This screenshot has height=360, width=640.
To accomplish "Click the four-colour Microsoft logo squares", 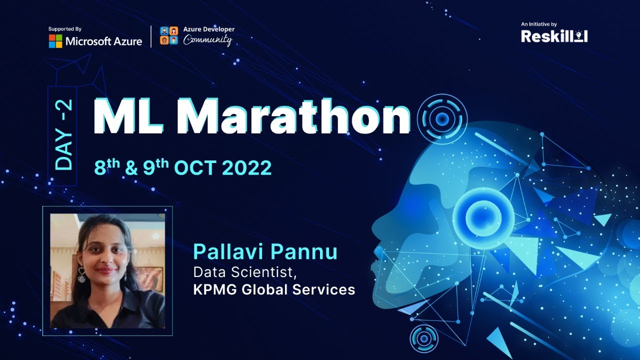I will [55, 41].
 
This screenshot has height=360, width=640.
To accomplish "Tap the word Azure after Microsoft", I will [127, 41].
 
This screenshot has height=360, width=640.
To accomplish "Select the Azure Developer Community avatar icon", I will [169, 35].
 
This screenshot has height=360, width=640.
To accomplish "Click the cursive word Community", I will [207, 40].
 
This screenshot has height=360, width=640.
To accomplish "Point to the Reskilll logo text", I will [554, 36].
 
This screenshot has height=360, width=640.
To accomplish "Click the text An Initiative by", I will [538, 24].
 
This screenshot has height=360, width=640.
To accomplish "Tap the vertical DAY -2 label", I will [63, 135].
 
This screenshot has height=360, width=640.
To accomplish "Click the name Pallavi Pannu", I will [265, 251].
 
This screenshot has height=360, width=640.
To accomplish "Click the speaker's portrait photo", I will [107, 270].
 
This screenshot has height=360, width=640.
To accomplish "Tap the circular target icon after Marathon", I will [442, 118].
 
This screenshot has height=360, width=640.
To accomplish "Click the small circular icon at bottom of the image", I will [423, 339].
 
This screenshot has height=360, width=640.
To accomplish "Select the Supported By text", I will [65, 29].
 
